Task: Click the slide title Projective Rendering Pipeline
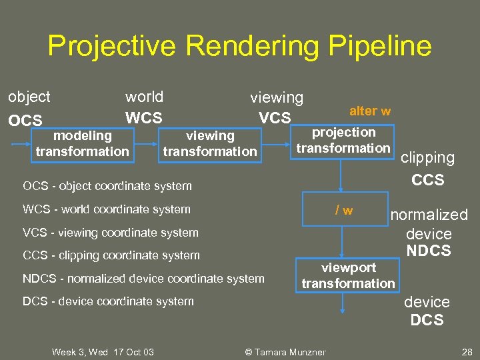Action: [239, 46]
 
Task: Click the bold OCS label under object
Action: [25, 121]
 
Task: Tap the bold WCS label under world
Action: [143, 118]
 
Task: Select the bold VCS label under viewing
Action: [275, 118]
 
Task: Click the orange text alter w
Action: [370, 111]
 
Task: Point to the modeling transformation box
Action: [82, 143]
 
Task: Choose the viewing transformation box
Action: [210, 143]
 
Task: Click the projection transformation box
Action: [343, 140]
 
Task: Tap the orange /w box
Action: [343, 211]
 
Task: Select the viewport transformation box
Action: [348, 275]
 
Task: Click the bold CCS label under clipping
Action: [427, 180]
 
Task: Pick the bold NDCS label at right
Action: [429, 251]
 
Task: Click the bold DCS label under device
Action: [427, 320]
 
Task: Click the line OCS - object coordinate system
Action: [107, 186]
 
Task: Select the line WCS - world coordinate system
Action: [107, 209]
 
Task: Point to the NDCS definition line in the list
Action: [143, 279]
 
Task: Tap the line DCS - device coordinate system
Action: [108, 301]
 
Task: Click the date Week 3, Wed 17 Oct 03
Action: [103, 351]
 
